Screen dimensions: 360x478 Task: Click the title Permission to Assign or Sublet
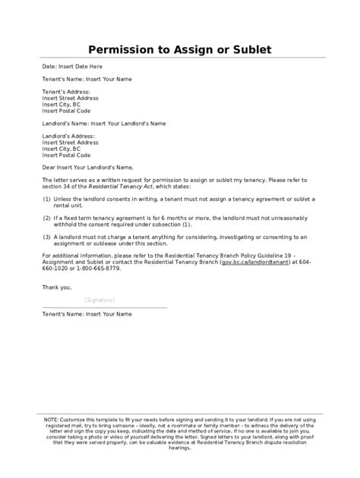pyautogui.click(x=179, y=50)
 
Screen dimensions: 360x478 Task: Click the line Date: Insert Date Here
pyautogui.click(x=74, y=67)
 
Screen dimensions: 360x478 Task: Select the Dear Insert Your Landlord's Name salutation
pyautogui.click(x=88, y=166)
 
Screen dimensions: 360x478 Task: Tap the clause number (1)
pyautogui.click(x=47, y=198)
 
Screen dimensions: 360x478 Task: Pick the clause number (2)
pyautogui.click(x=47, y=216)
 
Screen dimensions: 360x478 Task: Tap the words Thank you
pyautogui.click(x=58, y=288)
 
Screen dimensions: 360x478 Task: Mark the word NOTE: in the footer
pyautogui.click(x=51, y=418)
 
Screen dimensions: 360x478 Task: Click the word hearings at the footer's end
pyautogui.click(x=180, y=448)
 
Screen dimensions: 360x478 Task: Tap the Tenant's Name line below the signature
pyautogui.click(x=87, y=313)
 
